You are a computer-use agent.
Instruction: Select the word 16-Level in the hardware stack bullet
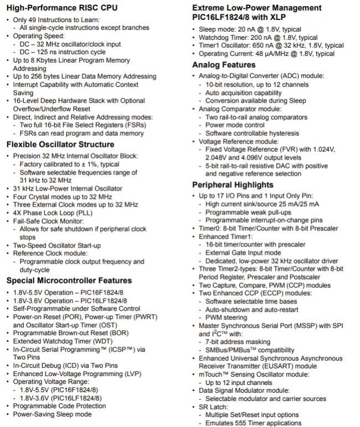27,101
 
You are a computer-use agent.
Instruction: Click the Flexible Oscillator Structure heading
60,145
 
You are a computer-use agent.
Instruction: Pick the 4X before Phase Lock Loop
19,212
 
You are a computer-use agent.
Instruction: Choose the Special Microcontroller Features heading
69,280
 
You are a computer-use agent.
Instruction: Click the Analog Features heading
224,65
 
